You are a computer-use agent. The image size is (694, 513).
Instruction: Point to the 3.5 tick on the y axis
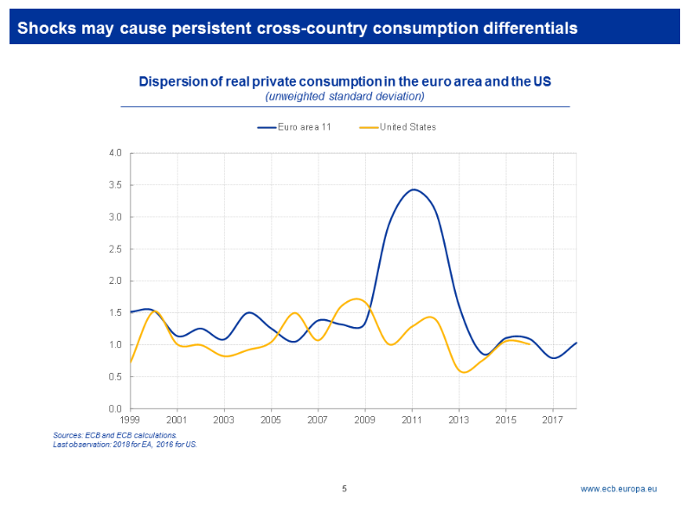(115, 185)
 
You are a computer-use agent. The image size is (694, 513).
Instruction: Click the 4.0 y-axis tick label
(115, 153)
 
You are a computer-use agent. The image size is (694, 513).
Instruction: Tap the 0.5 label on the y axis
(115, 376)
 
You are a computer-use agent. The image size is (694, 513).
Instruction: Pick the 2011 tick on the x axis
(412, 420)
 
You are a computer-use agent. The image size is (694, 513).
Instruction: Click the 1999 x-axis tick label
(131, 420)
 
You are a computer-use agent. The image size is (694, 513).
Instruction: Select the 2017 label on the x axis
(552, 420)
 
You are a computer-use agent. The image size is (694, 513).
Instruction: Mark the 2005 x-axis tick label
(271, 420)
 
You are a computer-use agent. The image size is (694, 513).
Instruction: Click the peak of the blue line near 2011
(414, 189)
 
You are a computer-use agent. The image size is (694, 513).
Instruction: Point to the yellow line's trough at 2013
(465, 372)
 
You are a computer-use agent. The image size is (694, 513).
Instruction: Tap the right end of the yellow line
(530, 344)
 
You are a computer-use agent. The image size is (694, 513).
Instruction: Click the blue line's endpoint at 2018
(576, 343)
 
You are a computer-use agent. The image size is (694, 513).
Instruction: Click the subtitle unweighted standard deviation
(344, 96)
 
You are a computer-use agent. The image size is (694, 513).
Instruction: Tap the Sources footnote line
(115, 435)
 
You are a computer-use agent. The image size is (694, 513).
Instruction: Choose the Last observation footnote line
(125, 444)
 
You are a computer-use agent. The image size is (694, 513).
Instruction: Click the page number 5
(344, 489)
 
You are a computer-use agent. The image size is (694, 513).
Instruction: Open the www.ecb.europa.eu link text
(618, 489)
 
